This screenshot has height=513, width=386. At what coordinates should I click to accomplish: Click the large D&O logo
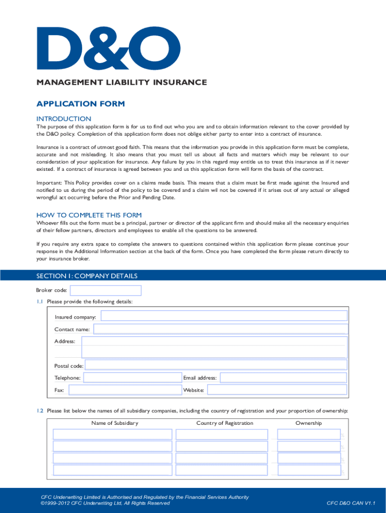(101, 48)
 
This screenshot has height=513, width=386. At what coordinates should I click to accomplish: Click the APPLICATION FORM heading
(80, 104)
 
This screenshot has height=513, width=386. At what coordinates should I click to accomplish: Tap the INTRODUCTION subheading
(64, 119)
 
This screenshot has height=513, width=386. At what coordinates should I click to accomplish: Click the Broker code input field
(106, 291)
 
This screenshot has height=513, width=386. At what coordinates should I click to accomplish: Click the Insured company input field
(224, 316)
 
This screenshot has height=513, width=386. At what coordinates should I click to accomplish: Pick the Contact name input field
(220, 329)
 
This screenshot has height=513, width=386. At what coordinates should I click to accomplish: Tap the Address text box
(214, 347)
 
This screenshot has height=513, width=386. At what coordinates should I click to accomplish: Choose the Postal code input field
(216, 366)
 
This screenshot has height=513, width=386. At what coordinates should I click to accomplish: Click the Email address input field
(283, 378)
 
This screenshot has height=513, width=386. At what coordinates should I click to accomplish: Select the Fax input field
(125, 390)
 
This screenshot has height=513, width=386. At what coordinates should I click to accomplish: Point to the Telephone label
(68, 378)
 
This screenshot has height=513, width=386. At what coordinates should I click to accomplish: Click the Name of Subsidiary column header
(115, 423)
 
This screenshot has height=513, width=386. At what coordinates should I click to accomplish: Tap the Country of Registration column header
(225, 423)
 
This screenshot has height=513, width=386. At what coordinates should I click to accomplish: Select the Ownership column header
(309, 423)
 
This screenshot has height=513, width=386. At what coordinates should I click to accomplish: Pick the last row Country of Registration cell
(222, 470)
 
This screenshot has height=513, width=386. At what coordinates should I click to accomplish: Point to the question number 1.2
(40, 411)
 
